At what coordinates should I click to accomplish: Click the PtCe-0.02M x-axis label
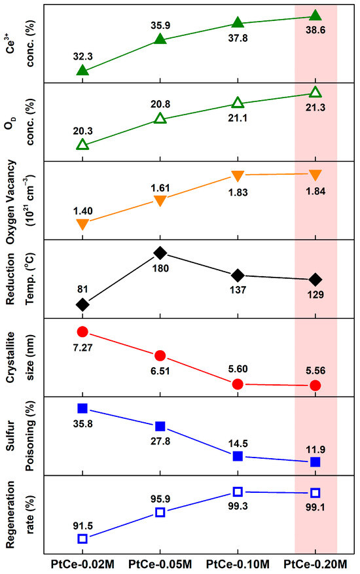coord(82,563)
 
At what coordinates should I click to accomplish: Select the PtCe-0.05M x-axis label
coord(160,563)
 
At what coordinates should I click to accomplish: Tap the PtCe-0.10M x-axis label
coord(238,563)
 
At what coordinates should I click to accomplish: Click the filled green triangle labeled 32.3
coord(82,70)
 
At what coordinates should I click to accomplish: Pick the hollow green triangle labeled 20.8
coord(160,118)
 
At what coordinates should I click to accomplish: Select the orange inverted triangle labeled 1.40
coord(82,224)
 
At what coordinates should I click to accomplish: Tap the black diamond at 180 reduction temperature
coord(160,253)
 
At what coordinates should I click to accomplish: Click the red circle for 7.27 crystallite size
coord(82,332)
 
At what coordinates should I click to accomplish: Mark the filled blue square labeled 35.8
coord(82,408)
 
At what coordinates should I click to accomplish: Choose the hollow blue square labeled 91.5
coord(82,539)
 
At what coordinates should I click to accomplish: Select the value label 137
coord(238,291)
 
